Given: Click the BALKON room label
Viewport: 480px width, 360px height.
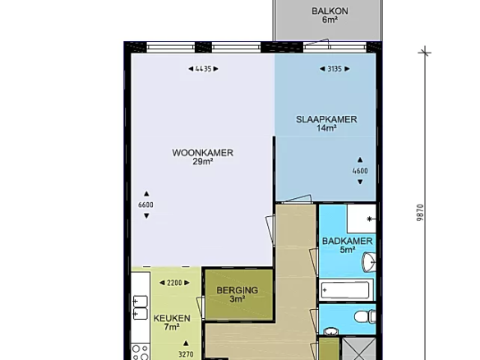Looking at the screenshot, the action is [330, 11].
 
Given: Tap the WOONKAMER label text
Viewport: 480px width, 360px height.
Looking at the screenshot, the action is [203, 153].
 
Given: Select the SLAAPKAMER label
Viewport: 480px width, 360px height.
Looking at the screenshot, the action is [326, 119].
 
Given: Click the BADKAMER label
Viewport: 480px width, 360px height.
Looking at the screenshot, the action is [347, 241].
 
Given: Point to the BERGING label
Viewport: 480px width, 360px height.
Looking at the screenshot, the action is [238, 290].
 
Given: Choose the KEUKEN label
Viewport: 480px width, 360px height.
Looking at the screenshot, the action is [172, 318].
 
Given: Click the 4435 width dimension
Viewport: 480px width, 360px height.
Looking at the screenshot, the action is [203, 69].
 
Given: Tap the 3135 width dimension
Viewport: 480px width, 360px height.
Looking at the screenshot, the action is [335, 69].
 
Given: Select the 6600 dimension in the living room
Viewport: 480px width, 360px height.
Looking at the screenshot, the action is [146, 205].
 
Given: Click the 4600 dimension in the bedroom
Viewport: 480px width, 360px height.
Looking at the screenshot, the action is [360, 171].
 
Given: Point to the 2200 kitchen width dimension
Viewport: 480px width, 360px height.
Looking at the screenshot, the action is [174, 283].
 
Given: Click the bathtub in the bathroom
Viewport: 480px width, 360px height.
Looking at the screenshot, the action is [346, 290].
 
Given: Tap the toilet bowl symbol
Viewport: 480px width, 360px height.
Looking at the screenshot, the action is [364, 316].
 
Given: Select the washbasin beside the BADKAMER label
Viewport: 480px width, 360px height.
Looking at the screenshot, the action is [368, 262].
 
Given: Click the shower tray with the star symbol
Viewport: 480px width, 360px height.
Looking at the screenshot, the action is [361, 219].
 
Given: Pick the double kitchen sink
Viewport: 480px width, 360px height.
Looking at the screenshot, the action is [140, 307].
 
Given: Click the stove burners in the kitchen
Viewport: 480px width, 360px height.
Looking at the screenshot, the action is [141, 352].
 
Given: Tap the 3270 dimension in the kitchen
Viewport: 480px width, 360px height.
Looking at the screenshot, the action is [186, 350].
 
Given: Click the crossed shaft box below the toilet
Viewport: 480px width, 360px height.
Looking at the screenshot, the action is [358, 348].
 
